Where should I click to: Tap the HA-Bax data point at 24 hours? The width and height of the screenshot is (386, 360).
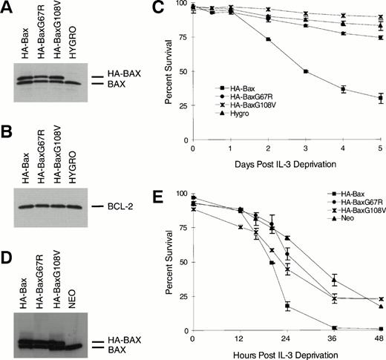coord(287,305)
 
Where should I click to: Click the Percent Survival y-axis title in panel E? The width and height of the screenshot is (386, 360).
coord(162,260)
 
